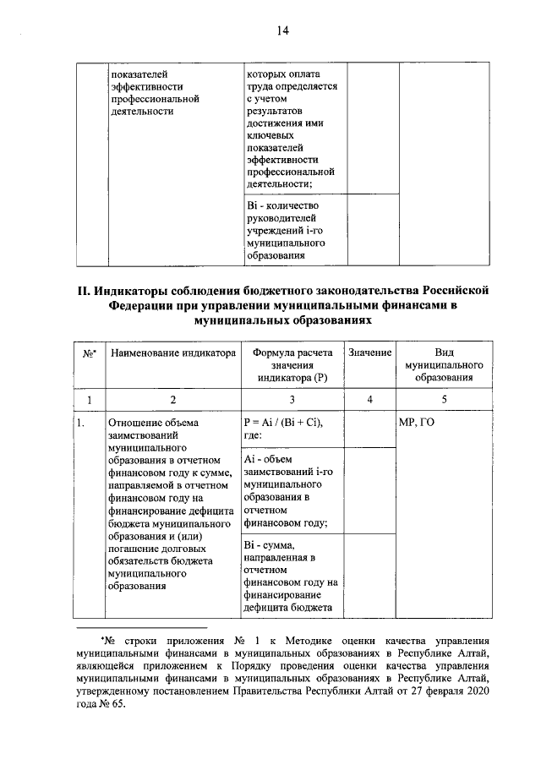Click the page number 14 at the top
[x=281, y=31]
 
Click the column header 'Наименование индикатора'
[x=172, y=353]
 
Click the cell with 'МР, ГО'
[x=416, y=422]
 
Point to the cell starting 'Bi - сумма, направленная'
[x=292, y=575]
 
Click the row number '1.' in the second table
[x=81, y=422]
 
